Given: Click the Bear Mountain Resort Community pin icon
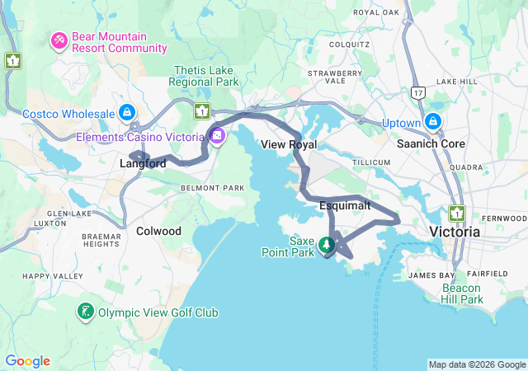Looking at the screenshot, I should [x=59, y=40].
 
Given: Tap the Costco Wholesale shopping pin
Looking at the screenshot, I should [x=126, y=111].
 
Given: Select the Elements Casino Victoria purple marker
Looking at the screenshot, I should [x=217, y=136].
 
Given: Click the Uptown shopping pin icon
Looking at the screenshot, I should [x=432, y=122].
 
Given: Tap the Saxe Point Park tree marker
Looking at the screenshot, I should [x=328, y=244].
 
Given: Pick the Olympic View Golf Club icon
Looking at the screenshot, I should [x=86, y=312].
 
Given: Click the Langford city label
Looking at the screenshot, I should [x=143, y=164].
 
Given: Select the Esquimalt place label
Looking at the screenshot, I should [x=344, y=204].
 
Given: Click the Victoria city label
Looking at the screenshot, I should [x=455, y=232].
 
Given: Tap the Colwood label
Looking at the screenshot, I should [x=158, y=231].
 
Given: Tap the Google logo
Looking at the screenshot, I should [x=27, y=361].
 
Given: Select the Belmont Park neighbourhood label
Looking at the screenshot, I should [x=212, y=188].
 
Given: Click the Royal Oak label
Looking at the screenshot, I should [x=376, y=12].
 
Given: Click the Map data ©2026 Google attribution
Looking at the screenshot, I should [x=476, y=364].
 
